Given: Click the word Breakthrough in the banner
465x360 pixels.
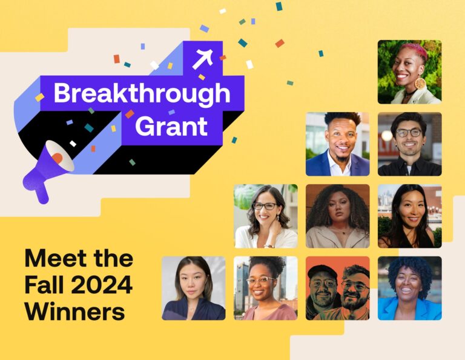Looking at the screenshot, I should click(142, 94).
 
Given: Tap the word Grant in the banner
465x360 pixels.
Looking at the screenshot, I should click(171, 127).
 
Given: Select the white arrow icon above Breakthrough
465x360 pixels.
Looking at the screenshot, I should click(202, 58).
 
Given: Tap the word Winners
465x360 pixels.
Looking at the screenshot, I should click(74, 312).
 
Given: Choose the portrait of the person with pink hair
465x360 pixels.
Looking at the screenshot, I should click(409, 72).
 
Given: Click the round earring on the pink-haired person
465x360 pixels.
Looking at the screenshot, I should click(420, 84).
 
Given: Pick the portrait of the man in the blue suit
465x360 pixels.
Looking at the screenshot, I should click(337, 144).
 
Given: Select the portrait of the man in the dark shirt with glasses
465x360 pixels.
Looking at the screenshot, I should click(409, 144).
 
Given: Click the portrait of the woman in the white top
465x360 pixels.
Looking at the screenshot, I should click(265, 216).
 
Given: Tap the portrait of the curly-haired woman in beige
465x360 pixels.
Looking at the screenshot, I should click(337, 216).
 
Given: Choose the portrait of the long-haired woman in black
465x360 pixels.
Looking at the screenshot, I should click(409, 216).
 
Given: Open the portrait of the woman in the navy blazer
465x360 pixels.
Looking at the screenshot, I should click(193, 288).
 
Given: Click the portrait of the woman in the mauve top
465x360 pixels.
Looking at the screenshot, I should click(265, 288).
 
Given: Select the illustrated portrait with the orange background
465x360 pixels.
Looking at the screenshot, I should click(337, 288).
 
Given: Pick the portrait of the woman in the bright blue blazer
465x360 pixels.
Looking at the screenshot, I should click(409, 288).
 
